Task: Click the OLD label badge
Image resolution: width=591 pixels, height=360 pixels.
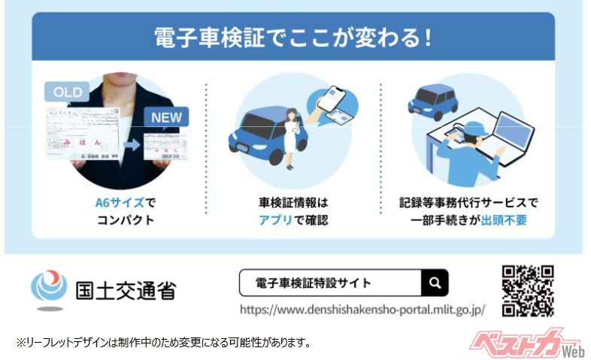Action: coord(67,92)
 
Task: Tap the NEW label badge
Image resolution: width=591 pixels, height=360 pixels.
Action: coord(166,117)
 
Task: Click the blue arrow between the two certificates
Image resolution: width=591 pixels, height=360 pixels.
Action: coord(132,145)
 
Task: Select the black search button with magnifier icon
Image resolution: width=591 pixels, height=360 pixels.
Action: coord(435,283)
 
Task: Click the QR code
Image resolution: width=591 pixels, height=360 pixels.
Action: coord(528,291)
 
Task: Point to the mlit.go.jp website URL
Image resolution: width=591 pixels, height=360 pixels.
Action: coord(362,310)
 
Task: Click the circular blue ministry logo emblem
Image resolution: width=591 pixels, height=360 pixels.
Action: coord(49,286)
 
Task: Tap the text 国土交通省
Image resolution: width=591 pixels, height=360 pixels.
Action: coord(126,290)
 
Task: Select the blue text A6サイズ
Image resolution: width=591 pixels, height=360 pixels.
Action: coord(120,203)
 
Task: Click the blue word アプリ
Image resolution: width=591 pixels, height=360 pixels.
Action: coord(275,220)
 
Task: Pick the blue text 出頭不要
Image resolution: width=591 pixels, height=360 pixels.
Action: coord(504,220)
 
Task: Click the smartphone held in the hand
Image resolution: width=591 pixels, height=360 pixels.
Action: coord(332,97)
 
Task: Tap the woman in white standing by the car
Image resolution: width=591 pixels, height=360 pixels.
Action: coord(291,138)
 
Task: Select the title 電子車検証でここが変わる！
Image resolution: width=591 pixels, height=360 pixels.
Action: coord(292,38)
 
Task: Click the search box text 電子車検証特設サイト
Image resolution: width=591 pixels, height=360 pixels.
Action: coord(314,283)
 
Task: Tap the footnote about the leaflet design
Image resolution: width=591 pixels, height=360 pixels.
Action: coord(164,343)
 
